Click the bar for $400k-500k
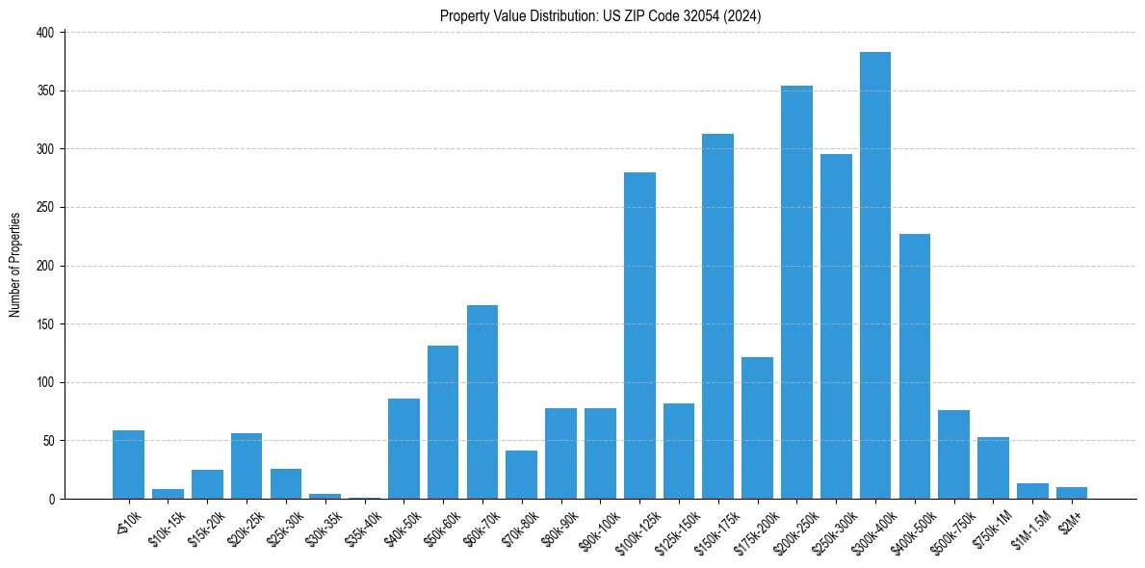click(914, 366)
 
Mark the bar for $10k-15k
click(168, 494)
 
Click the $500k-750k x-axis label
click(950, 524)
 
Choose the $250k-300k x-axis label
click(833, 524)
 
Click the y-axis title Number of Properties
click(14, 265)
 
